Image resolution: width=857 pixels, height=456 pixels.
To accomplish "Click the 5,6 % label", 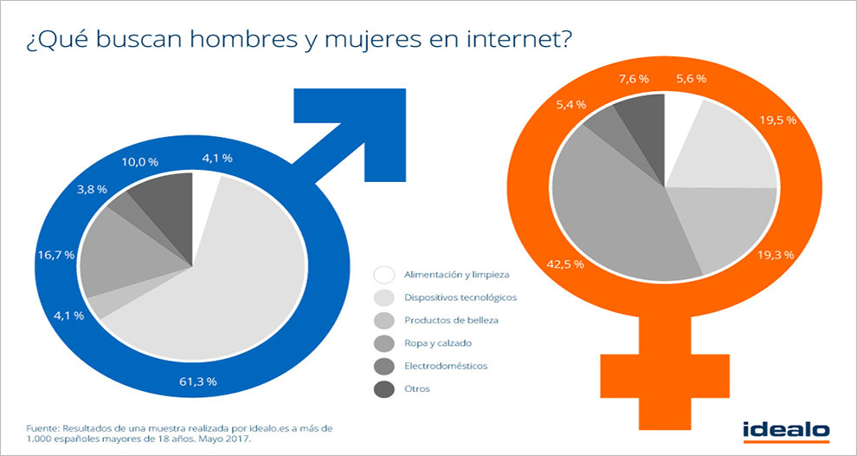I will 692,79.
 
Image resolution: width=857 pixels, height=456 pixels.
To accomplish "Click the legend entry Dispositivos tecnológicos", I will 460,297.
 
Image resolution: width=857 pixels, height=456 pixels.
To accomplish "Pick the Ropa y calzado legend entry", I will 440,343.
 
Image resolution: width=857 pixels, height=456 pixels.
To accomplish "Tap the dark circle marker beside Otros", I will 386,388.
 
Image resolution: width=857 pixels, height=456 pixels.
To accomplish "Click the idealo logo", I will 786,430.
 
